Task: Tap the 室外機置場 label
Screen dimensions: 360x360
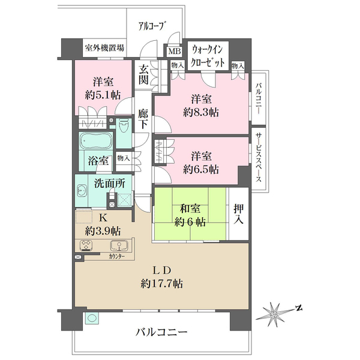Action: (x=104, y=48)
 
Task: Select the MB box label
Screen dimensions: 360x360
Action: (x=174, y=52)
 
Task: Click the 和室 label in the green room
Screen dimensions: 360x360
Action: (x=191, y=209)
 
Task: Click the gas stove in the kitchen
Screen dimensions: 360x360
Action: (x=86, y=245)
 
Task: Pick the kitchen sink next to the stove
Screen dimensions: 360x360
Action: (x=117, y=245)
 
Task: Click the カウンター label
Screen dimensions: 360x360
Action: (x=118, y=256)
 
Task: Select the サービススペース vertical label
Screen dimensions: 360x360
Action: (x=258, y=158)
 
